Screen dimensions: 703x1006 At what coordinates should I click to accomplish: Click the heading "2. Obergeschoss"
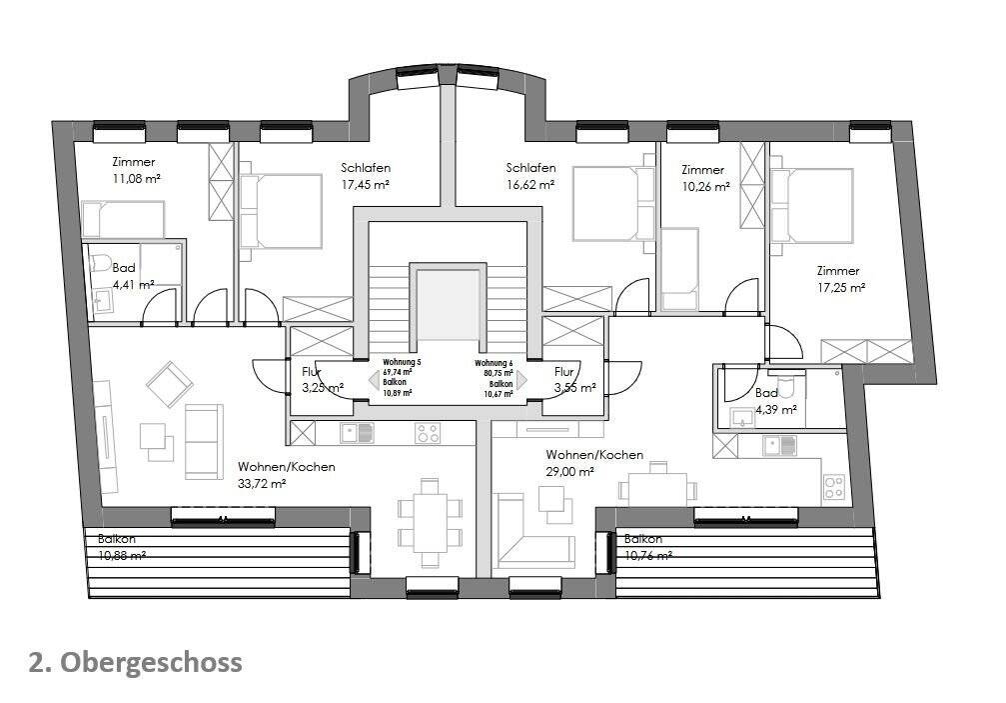click(134, 662)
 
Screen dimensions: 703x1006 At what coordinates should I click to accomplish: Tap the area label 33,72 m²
click(262, 483)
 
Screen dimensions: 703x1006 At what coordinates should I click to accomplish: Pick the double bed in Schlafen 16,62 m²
click(612, 204)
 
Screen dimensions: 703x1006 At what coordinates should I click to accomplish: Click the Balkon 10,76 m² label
click(647, 547)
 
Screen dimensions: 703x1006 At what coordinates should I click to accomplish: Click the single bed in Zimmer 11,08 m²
click(122, 219)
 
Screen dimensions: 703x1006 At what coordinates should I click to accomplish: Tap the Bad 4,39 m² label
click(775, 401)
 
